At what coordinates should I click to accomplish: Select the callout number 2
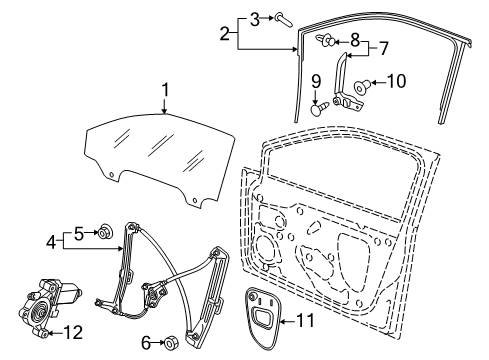click(225, 34)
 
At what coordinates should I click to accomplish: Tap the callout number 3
click(255, 19)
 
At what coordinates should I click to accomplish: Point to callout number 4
click(51, 242)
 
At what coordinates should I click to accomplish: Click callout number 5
click(79, 233)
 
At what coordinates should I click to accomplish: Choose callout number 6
click(146, 343)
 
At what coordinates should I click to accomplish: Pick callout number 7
click(384, 48)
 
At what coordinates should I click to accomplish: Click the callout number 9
click(316, 82)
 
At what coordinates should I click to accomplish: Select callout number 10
click(396, 81)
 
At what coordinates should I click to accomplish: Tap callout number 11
click(305, 321)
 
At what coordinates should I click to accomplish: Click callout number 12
click(73, 332)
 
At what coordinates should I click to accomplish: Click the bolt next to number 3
click(283, 19)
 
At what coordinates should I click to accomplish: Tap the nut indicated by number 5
click(105, 231)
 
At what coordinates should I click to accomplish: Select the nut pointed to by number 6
click(172, 342)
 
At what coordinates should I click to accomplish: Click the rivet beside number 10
click(362, 85)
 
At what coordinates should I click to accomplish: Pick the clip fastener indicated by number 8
click(325, 41)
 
